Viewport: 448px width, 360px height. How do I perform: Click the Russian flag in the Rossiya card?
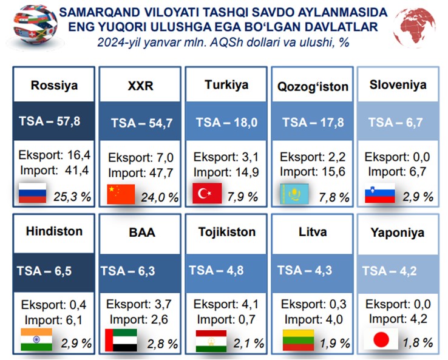(32, 193)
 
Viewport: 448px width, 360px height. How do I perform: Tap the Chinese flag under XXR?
(121, 194)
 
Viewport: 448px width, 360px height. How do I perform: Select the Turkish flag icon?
(207, 193)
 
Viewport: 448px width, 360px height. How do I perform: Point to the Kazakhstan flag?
(294, 194)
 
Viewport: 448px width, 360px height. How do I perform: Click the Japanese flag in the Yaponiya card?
(381, 339)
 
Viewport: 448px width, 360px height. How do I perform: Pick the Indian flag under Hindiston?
(36, 339)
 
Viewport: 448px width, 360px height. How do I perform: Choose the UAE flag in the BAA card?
(121, 340)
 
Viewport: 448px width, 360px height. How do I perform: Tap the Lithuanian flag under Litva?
(298, 340)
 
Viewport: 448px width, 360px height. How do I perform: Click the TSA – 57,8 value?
(50, 121)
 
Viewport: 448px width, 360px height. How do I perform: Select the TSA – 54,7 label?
(141, 123)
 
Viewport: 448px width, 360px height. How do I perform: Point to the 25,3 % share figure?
(72, 197)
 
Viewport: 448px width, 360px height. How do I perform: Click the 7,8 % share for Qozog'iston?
(334, 197)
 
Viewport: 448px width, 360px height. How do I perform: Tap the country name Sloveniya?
(398, 85)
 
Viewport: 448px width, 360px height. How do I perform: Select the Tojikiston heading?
(227, 232)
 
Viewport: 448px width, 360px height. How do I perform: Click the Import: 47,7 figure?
(141, 173)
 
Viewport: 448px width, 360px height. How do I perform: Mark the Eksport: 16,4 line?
(54, 155)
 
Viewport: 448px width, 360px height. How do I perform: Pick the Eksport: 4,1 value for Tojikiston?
(226, 304)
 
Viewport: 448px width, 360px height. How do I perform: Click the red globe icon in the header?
(414, 27)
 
